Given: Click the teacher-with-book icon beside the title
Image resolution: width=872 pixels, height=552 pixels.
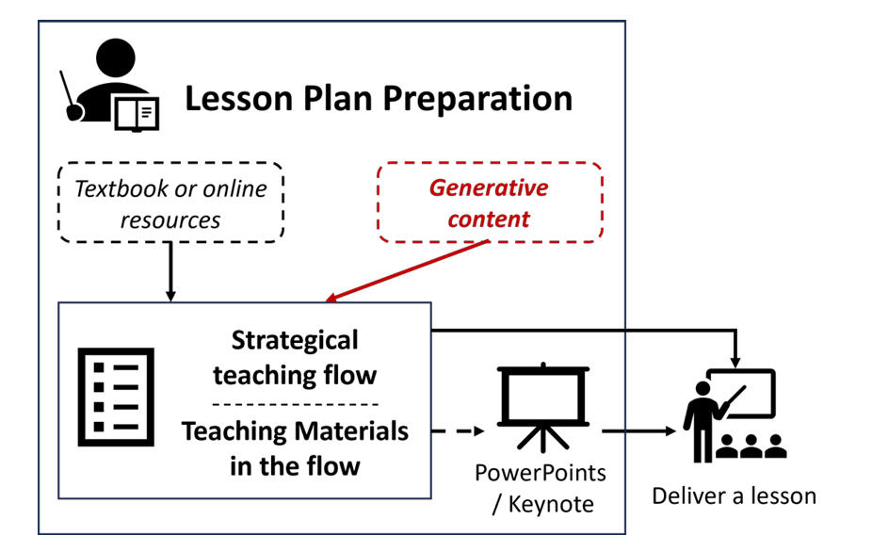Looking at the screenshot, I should pos(111,85).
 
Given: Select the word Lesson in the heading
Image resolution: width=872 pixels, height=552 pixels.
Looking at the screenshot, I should pos(234,98).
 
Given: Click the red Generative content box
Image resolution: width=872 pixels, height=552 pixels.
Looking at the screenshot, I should pos(489,203).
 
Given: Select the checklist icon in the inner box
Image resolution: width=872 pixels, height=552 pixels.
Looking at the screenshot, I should pos(113,396).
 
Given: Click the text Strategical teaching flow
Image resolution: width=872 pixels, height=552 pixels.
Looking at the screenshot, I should pos(295,357).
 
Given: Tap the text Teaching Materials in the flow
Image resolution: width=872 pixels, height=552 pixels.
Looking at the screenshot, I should pos(295,447).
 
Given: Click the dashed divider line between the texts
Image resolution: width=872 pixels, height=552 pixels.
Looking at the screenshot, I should pos(295,403).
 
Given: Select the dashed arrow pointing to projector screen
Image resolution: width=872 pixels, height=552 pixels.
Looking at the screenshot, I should pos(459,432).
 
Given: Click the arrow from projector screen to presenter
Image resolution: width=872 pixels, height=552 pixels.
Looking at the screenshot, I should pos(640,432).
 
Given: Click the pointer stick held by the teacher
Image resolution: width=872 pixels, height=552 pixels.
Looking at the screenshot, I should pos(71,95).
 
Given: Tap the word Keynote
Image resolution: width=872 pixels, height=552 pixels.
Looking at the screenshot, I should pos(551,504).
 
